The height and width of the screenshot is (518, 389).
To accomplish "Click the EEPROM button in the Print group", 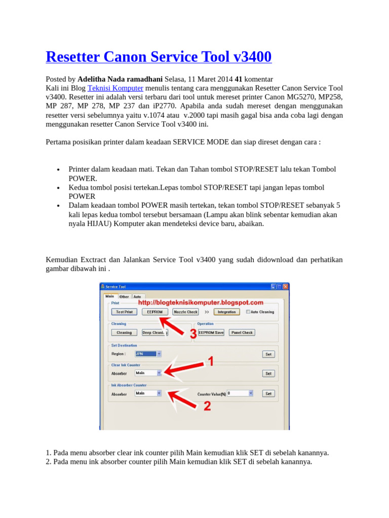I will (154, 312).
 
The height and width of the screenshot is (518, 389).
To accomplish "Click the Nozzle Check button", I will (185, 312).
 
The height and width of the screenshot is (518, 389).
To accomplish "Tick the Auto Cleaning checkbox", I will (248, 312).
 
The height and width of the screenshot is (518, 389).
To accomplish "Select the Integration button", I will (226, 312).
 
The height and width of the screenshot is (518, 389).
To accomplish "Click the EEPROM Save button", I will (211, 332).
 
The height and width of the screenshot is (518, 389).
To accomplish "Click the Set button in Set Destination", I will (268, 354).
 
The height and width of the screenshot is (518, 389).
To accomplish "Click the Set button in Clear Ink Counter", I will (268, 373).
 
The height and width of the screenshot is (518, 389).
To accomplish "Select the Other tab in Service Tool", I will (124, 296).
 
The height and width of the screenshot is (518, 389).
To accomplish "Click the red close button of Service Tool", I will (285, 287).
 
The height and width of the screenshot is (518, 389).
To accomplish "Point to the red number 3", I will (193, 334).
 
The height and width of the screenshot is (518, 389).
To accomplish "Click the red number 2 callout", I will (207, 406).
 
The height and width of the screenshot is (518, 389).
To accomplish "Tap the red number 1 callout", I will (211, 361).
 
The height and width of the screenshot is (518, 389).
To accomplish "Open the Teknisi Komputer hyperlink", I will (115, 88).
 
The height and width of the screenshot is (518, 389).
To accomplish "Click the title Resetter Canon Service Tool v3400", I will (159, 57).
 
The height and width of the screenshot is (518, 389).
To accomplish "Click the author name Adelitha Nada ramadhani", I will (120, 79).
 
